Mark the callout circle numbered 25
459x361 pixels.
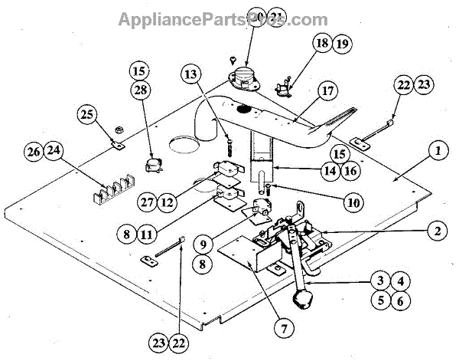click(88, 117)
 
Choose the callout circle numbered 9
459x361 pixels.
click(203, 247)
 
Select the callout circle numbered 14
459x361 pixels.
click(330, 170)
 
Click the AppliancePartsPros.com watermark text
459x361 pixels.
click(223, 20)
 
